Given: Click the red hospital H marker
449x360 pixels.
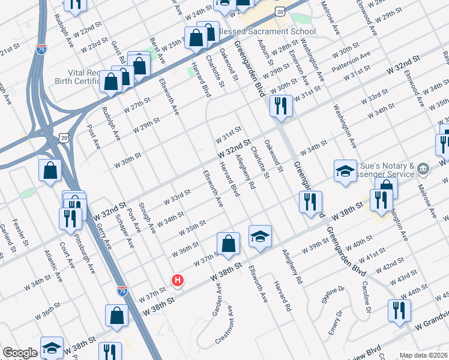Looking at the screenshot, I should (178, 280).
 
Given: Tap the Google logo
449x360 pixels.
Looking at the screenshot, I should (20, 353).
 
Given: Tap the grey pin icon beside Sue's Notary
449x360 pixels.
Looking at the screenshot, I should (424, 169).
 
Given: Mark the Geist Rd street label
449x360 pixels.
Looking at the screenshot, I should (118, 52).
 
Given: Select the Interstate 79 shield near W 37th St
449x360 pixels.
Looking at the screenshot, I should (122, 290).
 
